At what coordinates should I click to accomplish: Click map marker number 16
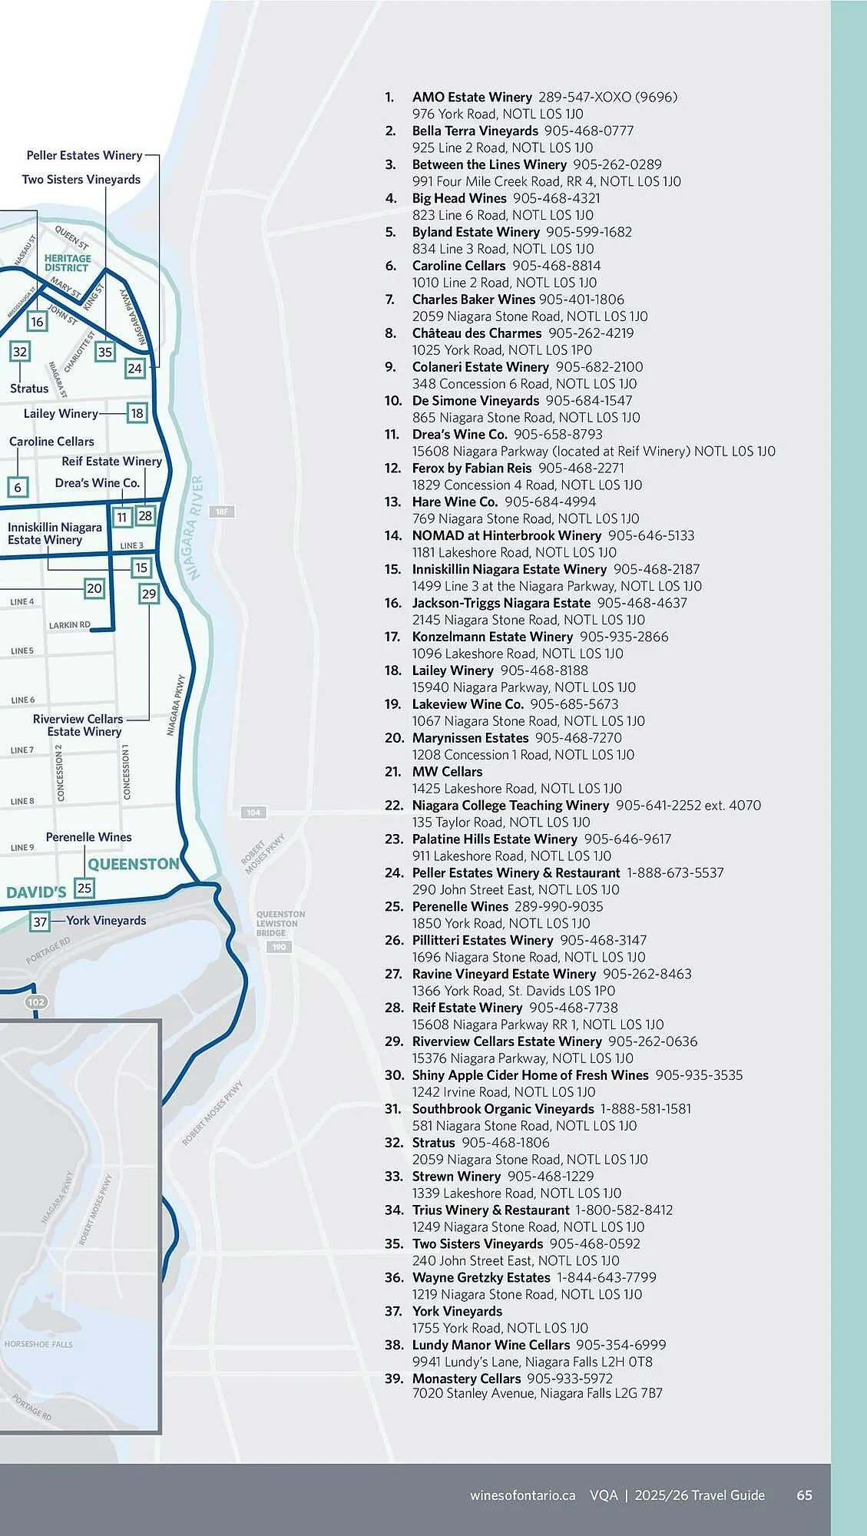tap(37, 322)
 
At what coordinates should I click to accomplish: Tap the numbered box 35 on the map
tap(105, 352)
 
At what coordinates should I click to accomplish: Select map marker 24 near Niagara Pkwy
tap(135, 368)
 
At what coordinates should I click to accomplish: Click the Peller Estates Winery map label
tap(84, 155)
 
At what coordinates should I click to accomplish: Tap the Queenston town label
tap(133, 864)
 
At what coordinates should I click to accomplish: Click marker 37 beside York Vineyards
tap(40, 921)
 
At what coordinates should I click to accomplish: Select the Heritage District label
tap(68, 263)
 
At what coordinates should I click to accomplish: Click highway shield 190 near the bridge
tap(279, 947)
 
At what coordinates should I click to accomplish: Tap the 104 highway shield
tap(253, 812)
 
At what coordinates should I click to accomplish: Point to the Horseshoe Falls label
tap(38, 1344)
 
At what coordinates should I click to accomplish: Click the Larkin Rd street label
tap(69, 625)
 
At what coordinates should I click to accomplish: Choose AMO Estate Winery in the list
tap(472, 97)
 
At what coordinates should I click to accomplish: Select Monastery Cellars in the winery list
tap(466, 1379)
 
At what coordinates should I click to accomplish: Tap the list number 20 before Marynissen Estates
tap(393, 738)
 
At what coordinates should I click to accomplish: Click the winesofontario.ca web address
tap(522, 1495)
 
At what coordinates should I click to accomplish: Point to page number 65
tap(804, 1495)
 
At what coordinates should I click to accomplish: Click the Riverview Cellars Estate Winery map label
tap(78, 725)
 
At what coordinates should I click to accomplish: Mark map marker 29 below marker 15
tap(149, 594)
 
